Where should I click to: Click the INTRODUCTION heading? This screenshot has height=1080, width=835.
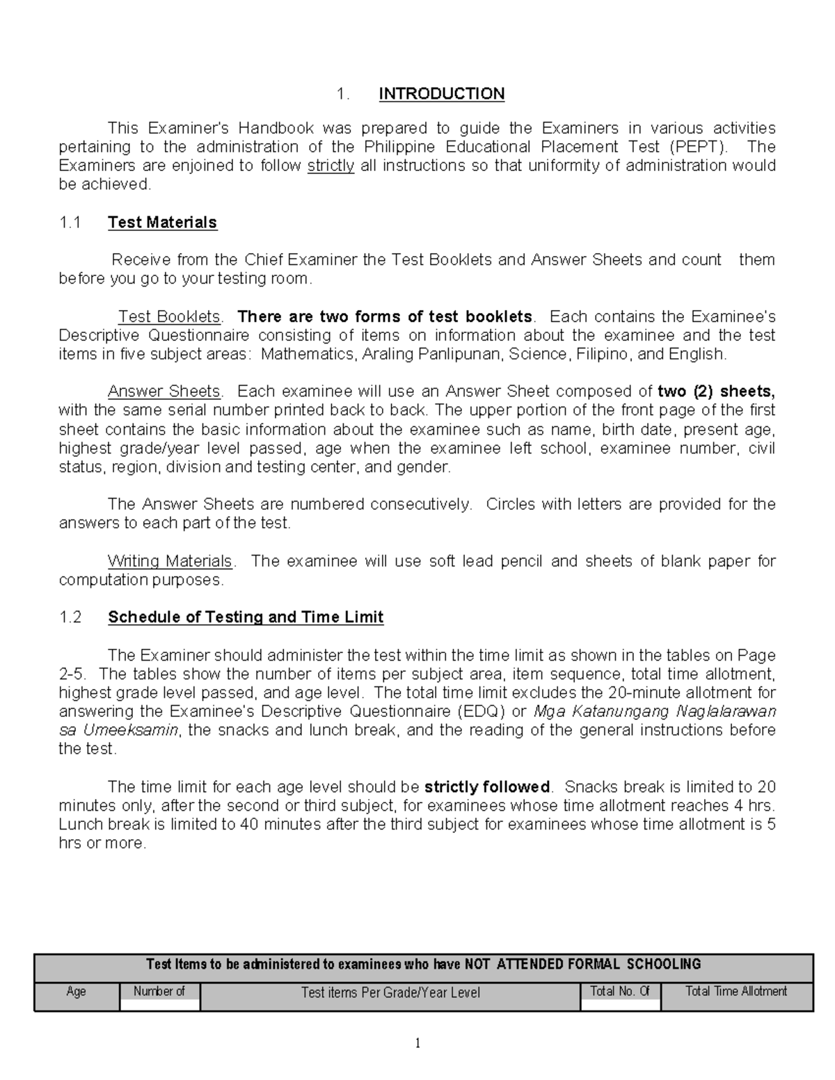(441, 94)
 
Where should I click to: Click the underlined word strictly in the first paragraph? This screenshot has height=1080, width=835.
(331, 166)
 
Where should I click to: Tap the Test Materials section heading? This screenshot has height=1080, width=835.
(162, 223)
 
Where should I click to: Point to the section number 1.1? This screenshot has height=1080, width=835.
(70, 223)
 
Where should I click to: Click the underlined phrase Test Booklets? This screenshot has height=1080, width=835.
(170, 317)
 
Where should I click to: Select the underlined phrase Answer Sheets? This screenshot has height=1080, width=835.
(164, 392)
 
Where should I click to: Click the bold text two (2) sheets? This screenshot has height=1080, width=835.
(716, 392)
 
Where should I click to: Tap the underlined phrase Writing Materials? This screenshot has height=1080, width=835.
(170, 561)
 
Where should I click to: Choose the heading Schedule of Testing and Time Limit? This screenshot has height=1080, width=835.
(246, 618)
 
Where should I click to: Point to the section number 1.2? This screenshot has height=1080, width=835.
(70, 618)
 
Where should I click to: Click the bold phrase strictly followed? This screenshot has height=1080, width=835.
(487, 787)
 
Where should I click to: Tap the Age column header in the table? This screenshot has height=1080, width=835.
(76, 992)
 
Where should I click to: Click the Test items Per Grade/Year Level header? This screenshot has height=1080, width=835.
(390, 992)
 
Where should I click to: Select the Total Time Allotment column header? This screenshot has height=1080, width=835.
(736, 992)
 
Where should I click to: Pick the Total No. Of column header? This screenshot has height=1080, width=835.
(619, 992)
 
